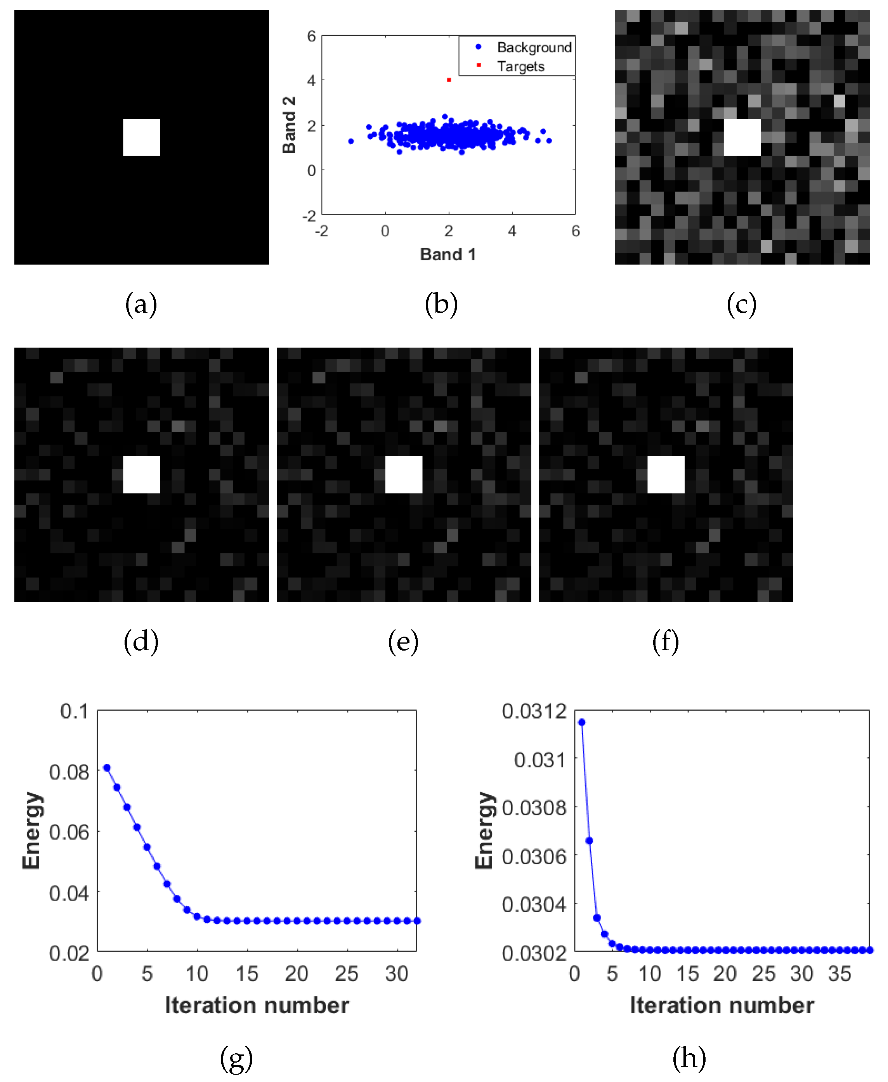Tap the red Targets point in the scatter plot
[x=449, y=80]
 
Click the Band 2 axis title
[x=289, y=125]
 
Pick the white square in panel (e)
[x=404, y=474]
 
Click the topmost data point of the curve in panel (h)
[x=582, y=722]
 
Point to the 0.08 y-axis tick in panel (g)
[x=69, y=772]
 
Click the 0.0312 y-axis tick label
[x=534, y=711]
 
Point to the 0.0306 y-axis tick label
[x=534, y=857]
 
